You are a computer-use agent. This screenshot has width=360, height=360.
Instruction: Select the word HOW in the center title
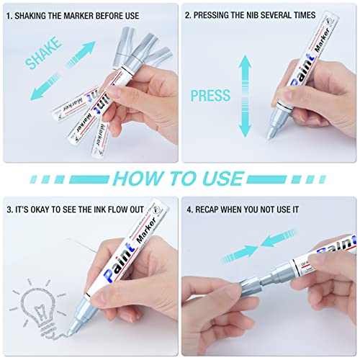144,178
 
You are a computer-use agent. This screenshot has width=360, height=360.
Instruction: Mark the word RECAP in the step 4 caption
216,211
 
